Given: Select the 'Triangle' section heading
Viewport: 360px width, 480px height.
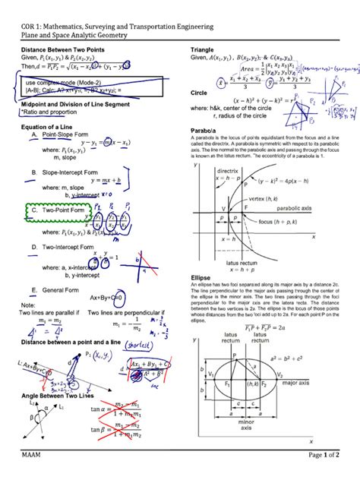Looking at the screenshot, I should pos(204,49).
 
